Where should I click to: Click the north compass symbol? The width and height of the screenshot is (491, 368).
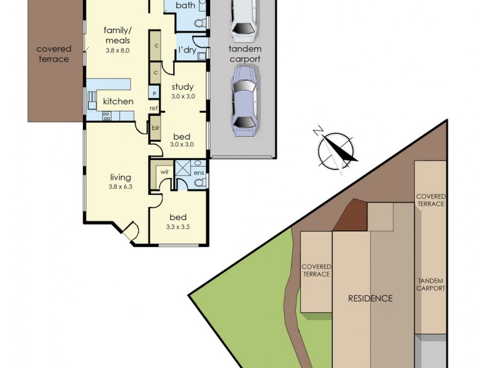point(336,149)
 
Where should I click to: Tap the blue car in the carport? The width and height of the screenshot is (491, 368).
point(244,101)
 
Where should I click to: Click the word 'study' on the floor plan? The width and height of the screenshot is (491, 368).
point(182,86)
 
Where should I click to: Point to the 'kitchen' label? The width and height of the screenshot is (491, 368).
point(118,101)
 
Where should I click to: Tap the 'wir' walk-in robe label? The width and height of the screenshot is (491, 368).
point(164,172)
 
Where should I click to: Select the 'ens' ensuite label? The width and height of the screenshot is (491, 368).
point(199,173)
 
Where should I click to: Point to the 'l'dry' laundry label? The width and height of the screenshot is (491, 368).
point(187,50)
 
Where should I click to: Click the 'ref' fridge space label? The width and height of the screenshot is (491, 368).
point(154,109)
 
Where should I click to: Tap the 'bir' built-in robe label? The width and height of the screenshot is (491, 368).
point(156,129)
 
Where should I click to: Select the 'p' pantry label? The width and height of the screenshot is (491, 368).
point(154,93)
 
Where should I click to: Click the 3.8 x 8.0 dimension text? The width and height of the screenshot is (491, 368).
point(117,50)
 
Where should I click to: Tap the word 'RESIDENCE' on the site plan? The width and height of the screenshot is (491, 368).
point(370,299)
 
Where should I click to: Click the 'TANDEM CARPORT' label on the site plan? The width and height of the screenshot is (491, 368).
point(430,284)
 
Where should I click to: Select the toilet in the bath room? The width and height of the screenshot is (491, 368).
point(199,23)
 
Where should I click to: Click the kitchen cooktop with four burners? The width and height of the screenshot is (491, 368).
point(106,115)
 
